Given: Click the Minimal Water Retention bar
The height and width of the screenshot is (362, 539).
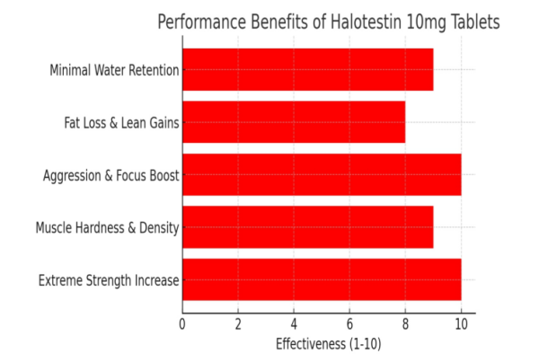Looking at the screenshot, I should pyautogui.click(x=307, y=69).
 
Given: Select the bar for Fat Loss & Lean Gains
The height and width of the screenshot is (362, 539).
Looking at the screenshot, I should pyautogui.click(x=294, y=122).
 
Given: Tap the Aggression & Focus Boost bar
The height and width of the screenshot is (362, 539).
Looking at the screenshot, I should pyautogui.click(x=322, y=174).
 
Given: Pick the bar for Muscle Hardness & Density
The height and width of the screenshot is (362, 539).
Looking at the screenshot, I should pyautogui.click(x=307, y=227).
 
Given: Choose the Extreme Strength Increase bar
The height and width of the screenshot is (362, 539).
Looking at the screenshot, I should pyautogui.click(x=322, y=280).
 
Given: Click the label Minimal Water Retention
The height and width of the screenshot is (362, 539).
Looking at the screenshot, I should pyautogui.click(x=114, y=70).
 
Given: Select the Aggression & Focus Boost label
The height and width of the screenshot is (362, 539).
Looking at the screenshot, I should pyautogui.click(x=110, y=175).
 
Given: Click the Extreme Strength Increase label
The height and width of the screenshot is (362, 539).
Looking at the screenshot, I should pyautogui.click(x=109, y=281).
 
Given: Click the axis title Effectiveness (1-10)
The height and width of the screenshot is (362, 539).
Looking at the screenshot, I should pyautogui.click(x=328, y=343).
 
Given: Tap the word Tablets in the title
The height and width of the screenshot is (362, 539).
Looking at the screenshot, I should pyautogui.click(x=473, y=22).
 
